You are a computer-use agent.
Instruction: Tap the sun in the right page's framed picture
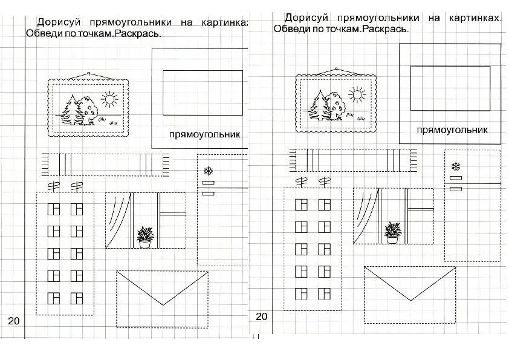pyautogui.click(x=357, y=94)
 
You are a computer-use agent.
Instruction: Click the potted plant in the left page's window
pyautogui.click(x=144, y=235)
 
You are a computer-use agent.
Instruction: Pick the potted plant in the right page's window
pyautogui.click(x=392, y=231)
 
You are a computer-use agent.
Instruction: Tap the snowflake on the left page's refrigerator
pyautogui.click(x=209, y=171)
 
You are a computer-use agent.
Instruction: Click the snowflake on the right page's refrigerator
pyautogui.click(x=455, y=166)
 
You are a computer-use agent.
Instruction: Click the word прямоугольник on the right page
pyautogui.click(x=452, y=130)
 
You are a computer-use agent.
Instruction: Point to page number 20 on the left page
pyautogui.click(x=14, y=320)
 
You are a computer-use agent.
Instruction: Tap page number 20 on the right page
pyautogui.click(x=261, y=316)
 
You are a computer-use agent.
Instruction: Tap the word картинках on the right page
pyautogui.click(x=475, y=18)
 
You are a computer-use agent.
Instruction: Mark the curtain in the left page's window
pyautogui.click(x=118, y=218)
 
